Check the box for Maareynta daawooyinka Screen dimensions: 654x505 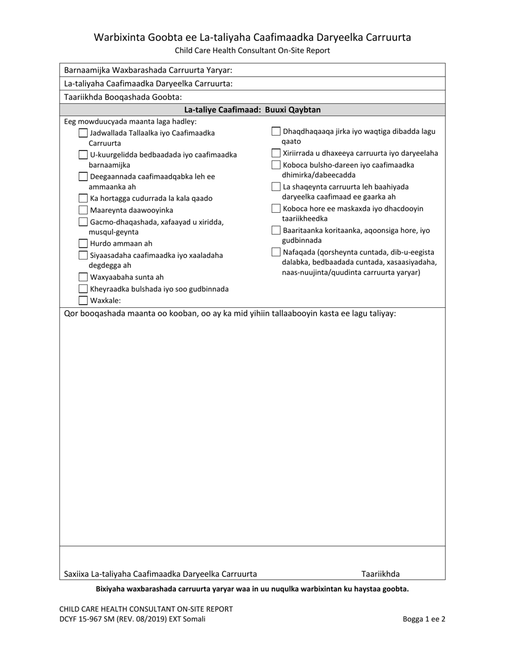pyautogui.click(x=83, y=210)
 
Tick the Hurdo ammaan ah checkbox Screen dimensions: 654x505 pyautogui.click(x=83, y=244)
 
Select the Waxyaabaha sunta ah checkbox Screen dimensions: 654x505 pyautogui.click(x=83, y=277)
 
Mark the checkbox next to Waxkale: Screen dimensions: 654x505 pyautogui.click(x=83, y=300)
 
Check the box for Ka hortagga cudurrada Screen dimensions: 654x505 pyautogui.click(x=83, y=198)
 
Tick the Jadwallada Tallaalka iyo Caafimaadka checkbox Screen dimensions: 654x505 pyautogui.click(x=83, y=133)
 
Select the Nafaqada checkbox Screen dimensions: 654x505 pyautogui.click(x=276, y=252)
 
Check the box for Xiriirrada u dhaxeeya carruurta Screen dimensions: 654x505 pyautogui.click(x=276, y=153)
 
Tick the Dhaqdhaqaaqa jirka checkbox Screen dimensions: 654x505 pyautogui.click(x=276, y=131)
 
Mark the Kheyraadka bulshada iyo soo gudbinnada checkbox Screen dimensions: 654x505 pyautogui.click(x=83, y=289)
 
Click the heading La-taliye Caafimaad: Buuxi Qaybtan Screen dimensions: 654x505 pyautogui.click(x=252, y=110)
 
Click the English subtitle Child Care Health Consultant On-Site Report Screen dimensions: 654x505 pyautogui.click(x=252, y=51)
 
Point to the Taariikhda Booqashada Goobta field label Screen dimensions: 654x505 pyautogui.click(x=123, y=97)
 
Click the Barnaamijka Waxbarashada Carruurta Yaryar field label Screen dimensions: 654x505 pyautogui.click(x=148, y=70)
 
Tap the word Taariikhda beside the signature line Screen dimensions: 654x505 pyautogui.click(x=380, y=574)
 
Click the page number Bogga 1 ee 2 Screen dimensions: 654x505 pyautogui.click(x=424, y=619)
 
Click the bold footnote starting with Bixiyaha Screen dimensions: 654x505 pyautogui.click(x=252, y=589)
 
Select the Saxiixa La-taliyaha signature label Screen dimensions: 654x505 pyautogui.click(x=160, y=574)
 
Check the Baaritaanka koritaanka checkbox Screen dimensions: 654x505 pyautogui.click(x=276, y=230)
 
